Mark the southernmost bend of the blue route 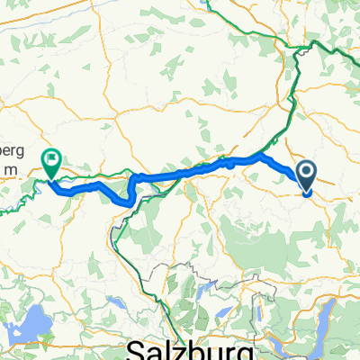[124, 202]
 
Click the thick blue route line [180, 172]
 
